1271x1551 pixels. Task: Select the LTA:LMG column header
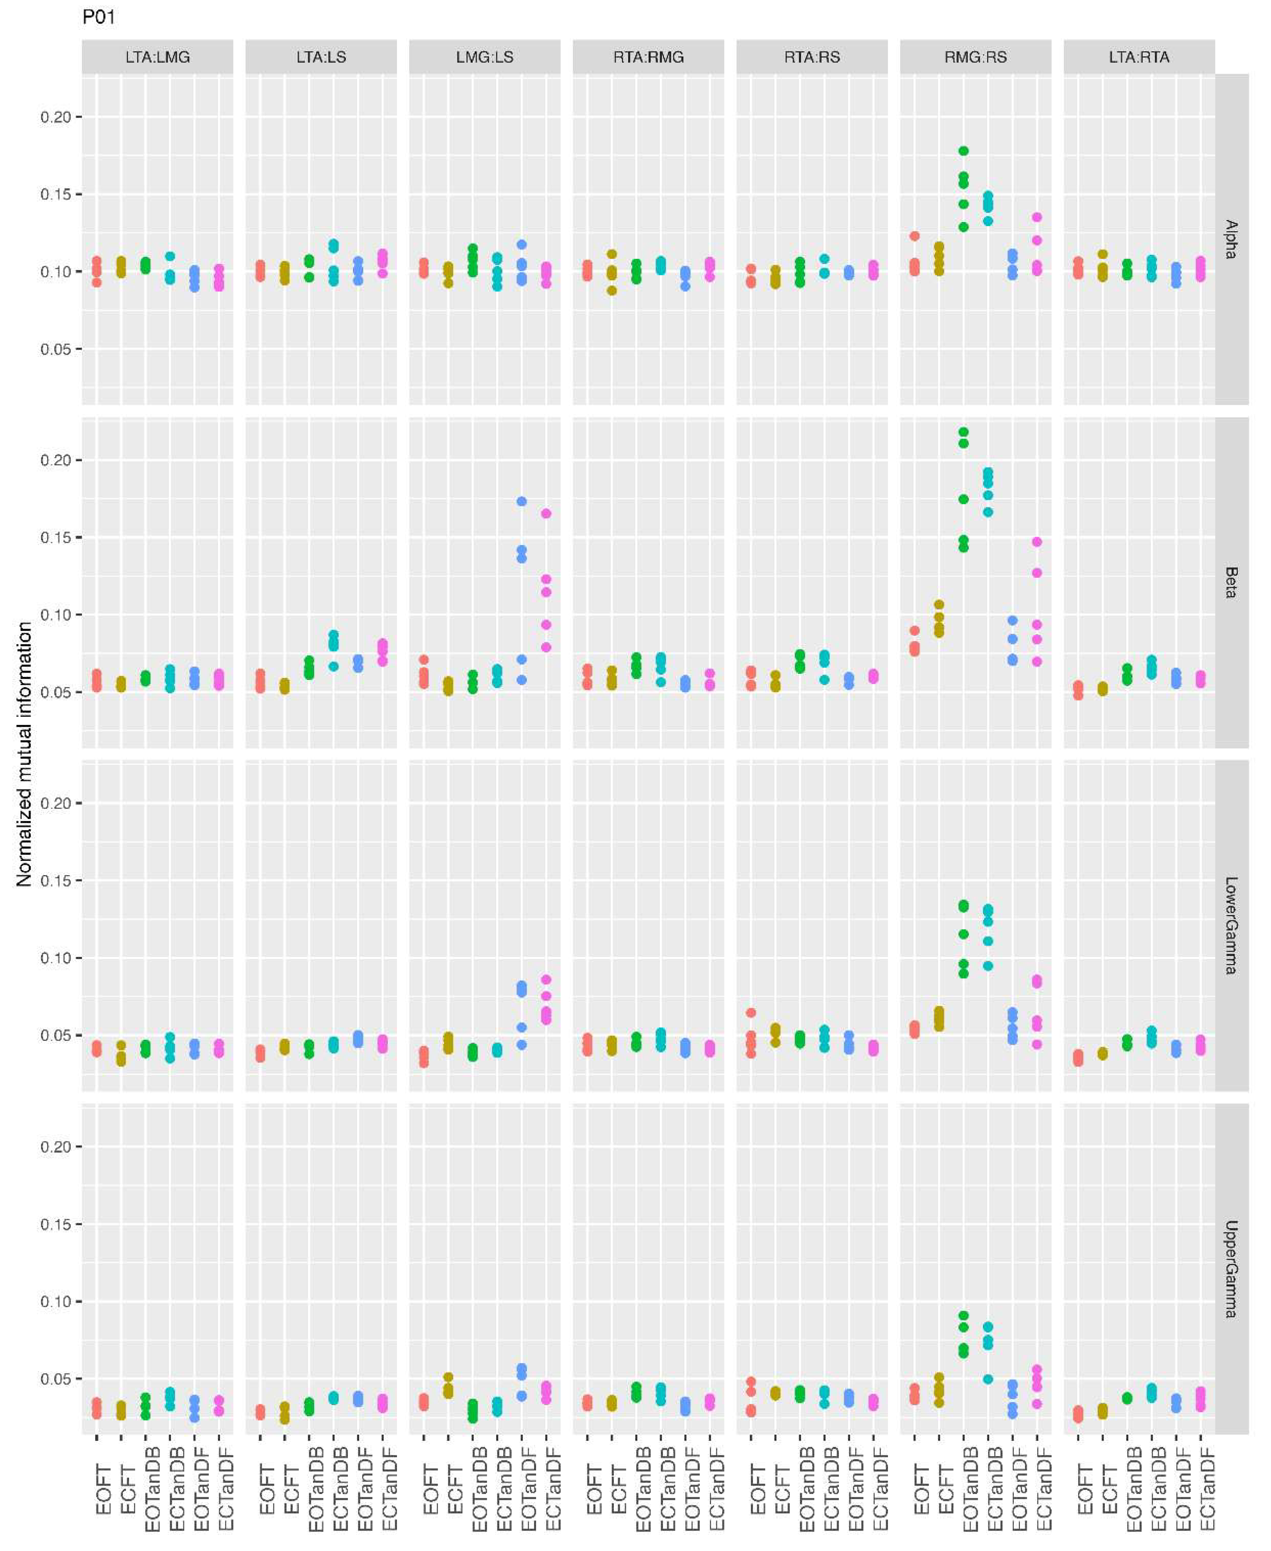pos(157,57)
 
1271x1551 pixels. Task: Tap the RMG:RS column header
pos(975,57)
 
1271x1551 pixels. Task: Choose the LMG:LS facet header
pos(485,57)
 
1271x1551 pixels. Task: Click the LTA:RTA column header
pos(1139,57)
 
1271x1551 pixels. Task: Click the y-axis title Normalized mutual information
pos(24,754)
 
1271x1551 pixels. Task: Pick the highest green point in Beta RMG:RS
pos(963,432)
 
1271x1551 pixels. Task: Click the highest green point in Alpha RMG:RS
pos(963,151)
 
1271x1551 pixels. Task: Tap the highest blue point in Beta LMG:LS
pos(521,502)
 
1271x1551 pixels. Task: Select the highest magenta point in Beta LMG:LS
pos(546,513)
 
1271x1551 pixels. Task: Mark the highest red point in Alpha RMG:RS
pos(914,236)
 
